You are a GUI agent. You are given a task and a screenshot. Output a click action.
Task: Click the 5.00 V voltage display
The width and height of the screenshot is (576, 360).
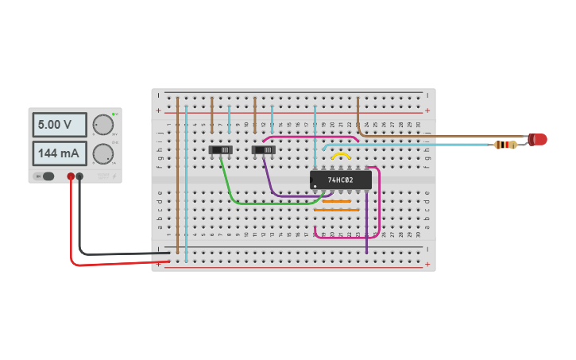[x=59, y=125]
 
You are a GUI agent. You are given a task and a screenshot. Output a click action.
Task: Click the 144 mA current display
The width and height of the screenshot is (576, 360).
[x=59, y=153]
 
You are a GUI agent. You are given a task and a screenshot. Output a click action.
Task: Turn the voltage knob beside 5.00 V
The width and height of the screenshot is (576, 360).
[x=102, y=125]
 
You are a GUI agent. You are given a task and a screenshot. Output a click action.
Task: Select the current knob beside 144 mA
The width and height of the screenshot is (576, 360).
[x=102, y=153]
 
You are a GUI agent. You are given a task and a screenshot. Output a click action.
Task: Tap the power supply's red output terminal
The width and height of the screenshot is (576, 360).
[x=71, y=176]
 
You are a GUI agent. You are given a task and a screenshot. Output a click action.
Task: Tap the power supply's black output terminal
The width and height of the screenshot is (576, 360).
[x=79, y=176]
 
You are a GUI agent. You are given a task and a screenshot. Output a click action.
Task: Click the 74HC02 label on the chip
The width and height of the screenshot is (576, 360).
[x=341, y=180]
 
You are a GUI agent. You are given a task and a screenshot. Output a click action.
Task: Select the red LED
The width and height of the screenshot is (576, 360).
[x=538, y=139]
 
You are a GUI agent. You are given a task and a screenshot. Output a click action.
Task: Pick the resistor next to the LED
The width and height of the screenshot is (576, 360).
[x=504, y=145]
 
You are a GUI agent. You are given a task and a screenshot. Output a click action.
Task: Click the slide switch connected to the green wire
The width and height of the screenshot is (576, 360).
[x=220, y=149]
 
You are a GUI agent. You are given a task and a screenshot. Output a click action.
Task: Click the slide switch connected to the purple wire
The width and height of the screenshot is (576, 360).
[x=263, y=149]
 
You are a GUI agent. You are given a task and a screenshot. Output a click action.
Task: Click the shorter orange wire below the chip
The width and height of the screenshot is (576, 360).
[x=336, y=201]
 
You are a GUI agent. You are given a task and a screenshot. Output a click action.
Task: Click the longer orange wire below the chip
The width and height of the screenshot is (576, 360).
[x=336, y=210]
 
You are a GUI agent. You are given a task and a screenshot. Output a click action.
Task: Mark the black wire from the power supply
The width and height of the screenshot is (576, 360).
[x=119, y=254]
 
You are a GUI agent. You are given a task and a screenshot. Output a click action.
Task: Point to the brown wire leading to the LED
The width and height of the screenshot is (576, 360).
[x=445, y=136]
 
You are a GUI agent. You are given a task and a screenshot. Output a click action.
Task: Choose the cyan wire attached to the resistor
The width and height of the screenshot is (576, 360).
[x=413, y=145]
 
